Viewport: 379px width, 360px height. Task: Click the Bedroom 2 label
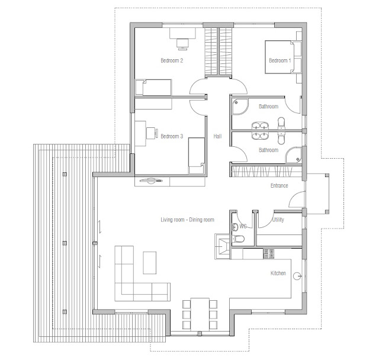click(172, 60)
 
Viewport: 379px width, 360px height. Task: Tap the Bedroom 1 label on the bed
click(280, 60)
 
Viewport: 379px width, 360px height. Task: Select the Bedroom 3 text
click(172, 136)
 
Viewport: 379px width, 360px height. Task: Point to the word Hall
click(217, 136)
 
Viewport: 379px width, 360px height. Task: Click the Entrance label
click(279, 185)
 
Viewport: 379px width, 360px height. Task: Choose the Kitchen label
click(278, 273)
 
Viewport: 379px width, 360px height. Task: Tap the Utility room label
click(278, 220)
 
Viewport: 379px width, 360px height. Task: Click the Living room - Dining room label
click(187, 220)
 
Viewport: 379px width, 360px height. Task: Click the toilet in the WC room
click(238, 239)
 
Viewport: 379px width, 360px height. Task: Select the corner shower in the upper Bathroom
click(240, 107)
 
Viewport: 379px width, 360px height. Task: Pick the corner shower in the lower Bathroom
click(294, 155)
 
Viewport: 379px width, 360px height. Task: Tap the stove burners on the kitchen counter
click(269, 253)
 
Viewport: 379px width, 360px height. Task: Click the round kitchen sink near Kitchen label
click(297, 276)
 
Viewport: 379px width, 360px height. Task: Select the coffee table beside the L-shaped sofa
click(150, 263)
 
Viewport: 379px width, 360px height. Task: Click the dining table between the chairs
click(200, 314)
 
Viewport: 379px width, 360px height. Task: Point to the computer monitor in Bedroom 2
click(182, 44)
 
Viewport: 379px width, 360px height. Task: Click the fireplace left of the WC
click(222, 247)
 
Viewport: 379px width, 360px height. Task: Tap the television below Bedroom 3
click(152, 181)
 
